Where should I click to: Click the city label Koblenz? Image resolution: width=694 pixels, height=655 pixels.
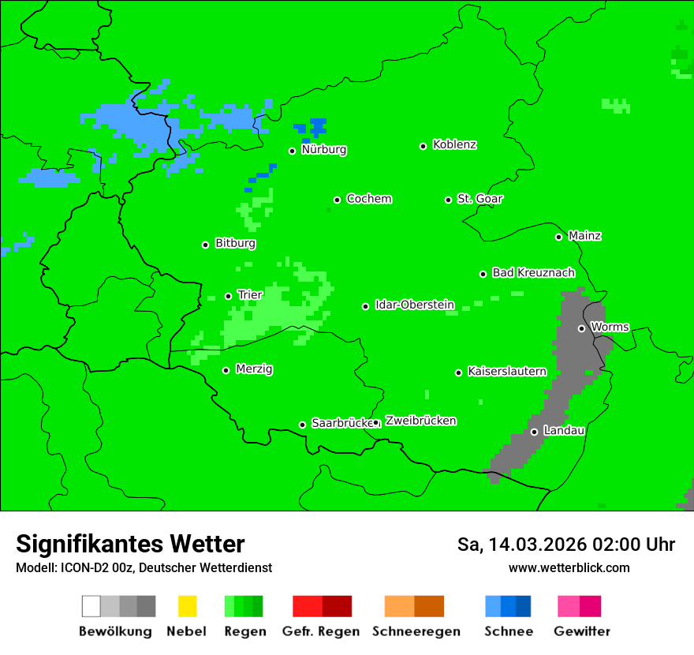coord(455,145)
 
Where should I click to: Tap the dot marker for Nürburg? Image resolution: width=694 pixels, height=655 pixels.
coord(292,151)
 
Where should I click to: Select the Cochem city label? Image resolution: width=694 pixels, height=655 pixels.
coord(369,199)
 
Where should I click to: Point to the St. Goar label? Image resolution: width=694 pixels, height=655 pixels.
coord(480,199)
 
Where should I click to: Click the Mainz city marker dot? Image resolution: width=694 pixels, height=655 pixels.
coord(558,237)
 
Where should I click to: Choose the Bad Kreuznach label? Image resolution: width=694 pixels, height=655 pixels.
coord(533,273)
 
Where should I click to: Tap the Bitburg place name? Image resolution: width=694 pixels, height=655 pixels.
coord(235,244)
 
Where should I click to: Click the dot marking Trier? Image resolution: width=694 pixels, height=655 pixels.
coord(228,296)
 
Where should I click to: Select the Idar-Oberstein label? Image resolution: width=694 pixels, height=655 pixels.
coord(415,305)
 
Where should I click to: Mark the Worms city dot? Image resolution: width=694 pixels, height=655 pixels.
coord(581,328)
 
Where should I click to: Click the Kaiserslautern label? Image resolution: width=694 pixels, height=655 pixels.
coord(507,371)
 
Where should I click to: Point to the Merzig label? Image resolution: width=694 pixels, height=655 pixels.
coord(254,369)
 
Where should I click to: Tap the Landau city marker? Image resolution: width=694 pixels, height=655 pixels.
coord(534,432)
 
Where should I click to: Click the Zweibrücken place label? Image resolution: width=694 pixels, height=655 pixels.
coord(420,421)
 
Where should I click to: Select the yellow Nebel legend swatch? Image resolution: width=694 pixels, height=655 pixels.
coord(187,606)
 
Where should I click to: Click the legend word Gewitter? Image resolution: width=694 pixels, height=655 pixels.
coord(582,631)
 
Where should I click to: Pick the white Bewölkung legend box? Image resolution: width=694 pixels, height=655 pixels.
coord(91,606)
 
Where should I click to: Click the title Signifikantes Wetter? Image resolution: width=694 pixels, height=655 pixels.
coord(130,544)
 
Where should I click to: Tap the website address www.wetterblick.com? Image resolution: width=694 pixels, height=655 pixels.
coord(569,567)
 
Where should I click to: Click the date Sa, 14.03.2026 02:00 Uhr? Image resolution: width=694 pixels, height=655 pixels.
coord(565,545)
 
